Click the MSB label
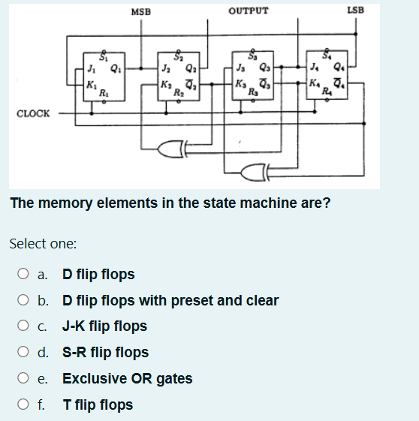tap(140, 11)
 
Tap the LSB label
tap(356, 11)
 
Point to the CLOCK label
tap(33, 114)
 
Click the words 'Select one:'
tap(41, 244)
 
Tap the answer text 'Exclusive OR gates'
tap(127, 379)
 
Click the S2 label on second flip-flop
tap(178, 56)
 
